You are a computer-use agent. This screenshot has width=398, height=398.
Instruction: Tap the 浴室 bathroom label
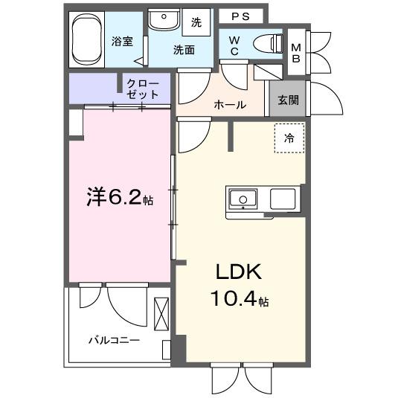click(123, 42)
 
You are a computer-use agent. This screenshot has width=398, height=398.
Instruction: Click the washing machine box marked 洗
click(196, 22)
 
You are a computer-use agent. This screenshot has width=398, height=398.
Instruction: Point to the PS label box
click(240, 16)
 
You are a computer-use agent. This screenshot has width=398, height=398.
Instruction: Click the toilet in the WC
click(266, 43)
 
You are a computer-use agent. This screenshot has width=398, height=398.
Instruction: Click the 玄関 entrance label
click(288, 100)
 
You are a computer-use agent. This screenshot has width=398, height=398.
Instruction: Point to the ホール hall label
click(229, 105)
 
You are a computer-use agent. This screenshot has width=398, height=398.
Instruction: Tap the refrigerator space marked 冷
click(289, 138)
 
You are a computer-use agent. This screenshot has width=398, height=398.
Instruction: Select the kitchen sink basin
click(242, 199)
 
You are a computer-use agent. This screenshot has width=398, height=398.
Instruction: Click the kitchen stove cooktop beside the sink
click(283, 199)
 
